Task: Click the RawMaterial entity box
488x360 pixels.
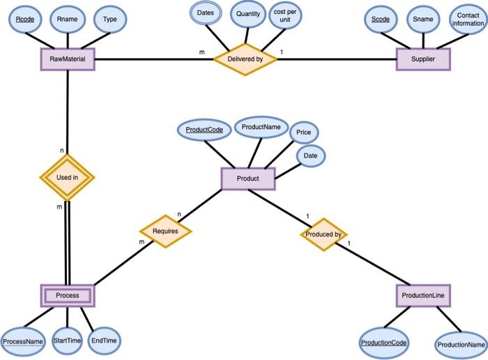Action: click(x=68, y=59)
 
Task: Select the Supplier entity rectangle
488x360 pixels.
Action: click(x=423, y=59)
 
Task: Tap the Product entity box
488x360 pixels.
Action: click(x=247, y=179)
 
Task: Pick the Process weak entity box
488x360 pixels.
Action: click(x=68, y=296)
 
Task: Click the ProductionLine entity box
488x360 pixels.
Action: click(x=423, y=296)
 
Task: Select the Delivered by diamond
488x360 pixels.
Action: click(x=245, y=59)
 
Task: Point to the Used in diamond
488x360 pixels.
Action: click(x=67, y=177)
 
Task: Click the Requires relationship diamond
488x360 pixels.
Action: click(x=165, y=230)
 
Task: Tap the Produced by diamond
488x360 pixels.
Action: click(x=323, y=234)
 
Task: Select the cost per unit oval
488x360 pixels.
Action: click(x=285, y=17)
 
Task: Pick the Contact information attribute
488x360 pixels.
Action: click(x=468, y=20)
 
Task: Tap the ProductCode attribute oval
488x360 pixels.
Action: click(x=204, y=130)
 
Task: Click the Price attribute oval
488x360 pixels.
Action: click(x=303, y=132)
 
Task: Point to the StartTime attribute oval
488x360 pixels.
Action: click(x=68, y=340)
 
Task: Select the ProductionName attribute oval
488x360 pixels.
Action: click(x=461, y=344)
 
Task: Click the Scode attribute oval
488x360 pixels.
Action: click(x=381, y=20)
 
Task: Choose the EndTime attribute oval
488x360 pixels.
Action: click(x=105, y=339)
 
